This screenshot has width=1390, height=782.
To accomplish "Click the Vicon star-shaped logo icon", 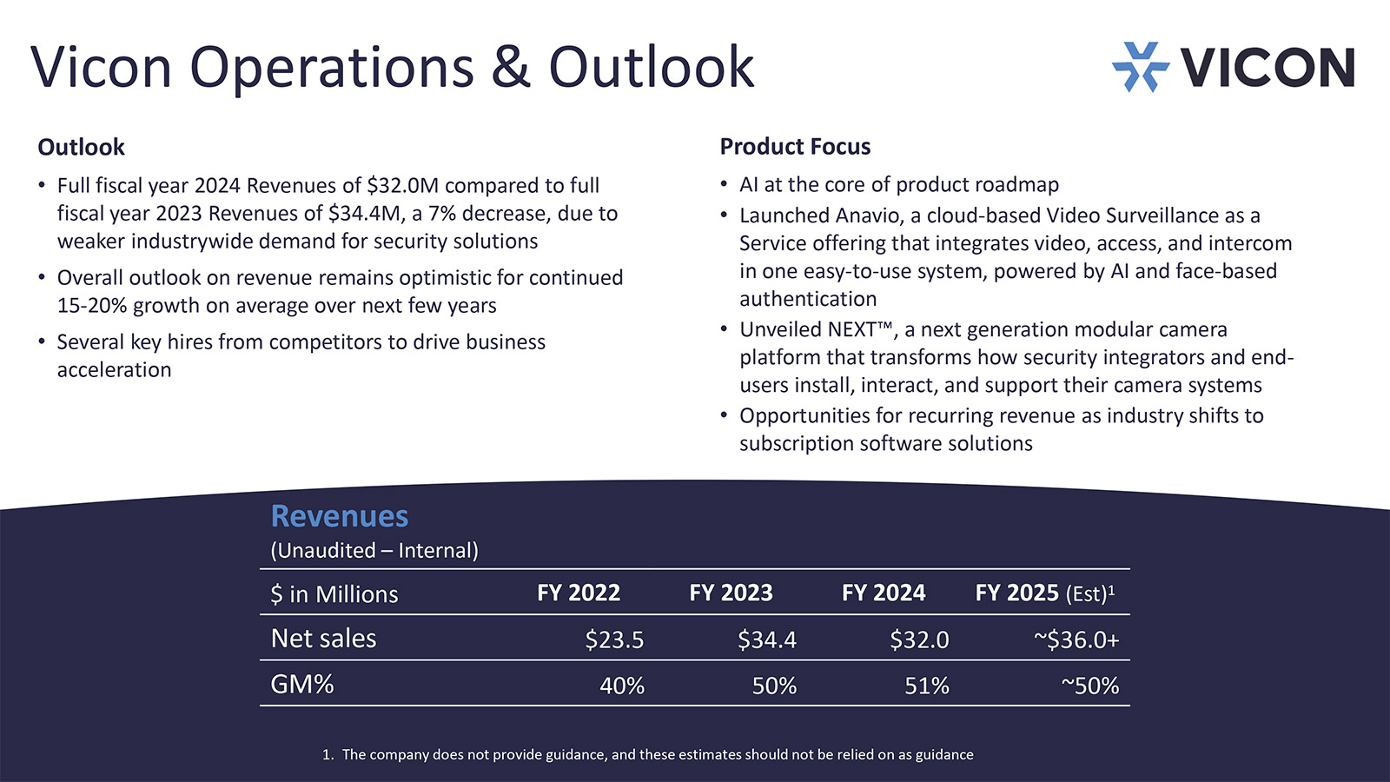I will coord(1140,67).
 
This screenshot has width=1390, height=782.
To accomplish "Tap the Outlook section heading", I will coord(81,147).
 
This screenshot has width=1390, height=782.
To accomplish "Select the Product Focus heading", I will coord(795,146).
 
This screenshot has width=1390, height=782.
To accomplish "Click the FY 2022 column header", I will coord(579,593).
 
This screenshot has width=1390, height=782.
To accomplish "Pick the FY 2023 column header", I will coord(731,593).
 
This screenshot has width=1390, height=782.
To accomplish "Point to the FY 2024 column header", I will coord(884,593).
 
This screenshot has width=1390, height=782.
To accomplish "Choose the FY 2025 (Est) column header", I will coord(1044,593).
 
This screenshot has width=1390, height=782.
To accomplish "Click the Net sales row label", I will coord(323,639).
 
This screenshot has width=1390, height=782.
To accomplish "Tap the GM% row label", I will coord(301,685).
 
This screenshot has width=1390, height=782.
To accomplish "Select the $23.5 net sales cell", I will coord(614,640).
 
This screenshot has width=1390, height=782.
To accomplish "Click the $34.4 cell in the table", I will coord(767,640).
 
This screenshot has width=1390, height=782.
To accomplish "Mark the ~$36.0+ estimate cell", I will coord(1076,640).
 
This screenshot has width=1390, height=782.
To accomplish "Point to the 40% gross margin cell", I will coord(622,686).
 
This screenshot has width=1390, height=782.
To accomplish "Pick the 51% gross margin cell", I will coord(927,686).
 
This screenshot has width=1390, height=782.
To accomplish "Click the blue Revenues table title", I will coord(340,516).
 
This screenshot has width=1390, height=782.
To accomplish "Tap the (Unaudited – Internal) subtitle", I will coord(374,550).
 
